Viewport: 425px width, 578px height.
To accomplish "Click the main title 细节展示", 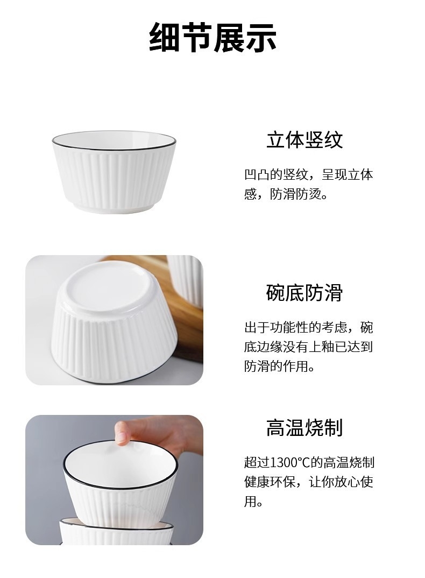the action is pyautogui.click(x=212, y=37).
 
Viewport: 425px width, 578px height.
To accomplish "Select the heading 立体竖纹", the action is pyautogui.click(x=304, y=139).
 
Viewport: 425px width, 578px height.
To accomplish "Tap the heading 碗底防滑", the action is pyautogui.click(x=304, y=293).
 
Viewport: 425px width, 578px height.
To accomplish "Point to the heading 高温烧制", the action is pyautogui.click(x=304, y=428).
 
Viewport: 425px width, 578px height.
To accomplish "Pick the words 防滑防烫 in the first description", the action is pyautogui.click(x=296, y=194).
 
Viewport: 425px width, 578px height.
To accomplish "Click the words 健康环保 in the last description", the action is pyautogui.click(x=270, y=482).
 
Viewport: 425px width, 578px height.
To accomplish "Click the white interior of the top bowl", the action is pyautogui.click(x=114, y=140).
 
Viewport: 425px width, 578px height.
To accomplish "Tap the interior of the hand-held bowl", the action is pyautogui.click(x=120, y=464).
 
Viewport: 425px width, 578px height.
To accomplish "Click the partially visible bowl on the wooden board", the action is pyautogui.click(x=186, y=280).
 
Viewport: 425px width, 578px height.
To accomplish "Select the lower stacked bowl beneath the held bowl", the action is pyautogui.click(x=116, y=533).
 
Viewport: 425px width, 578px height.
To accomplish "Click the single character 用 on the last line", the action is pyautogui.click(x=250, y=502).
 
